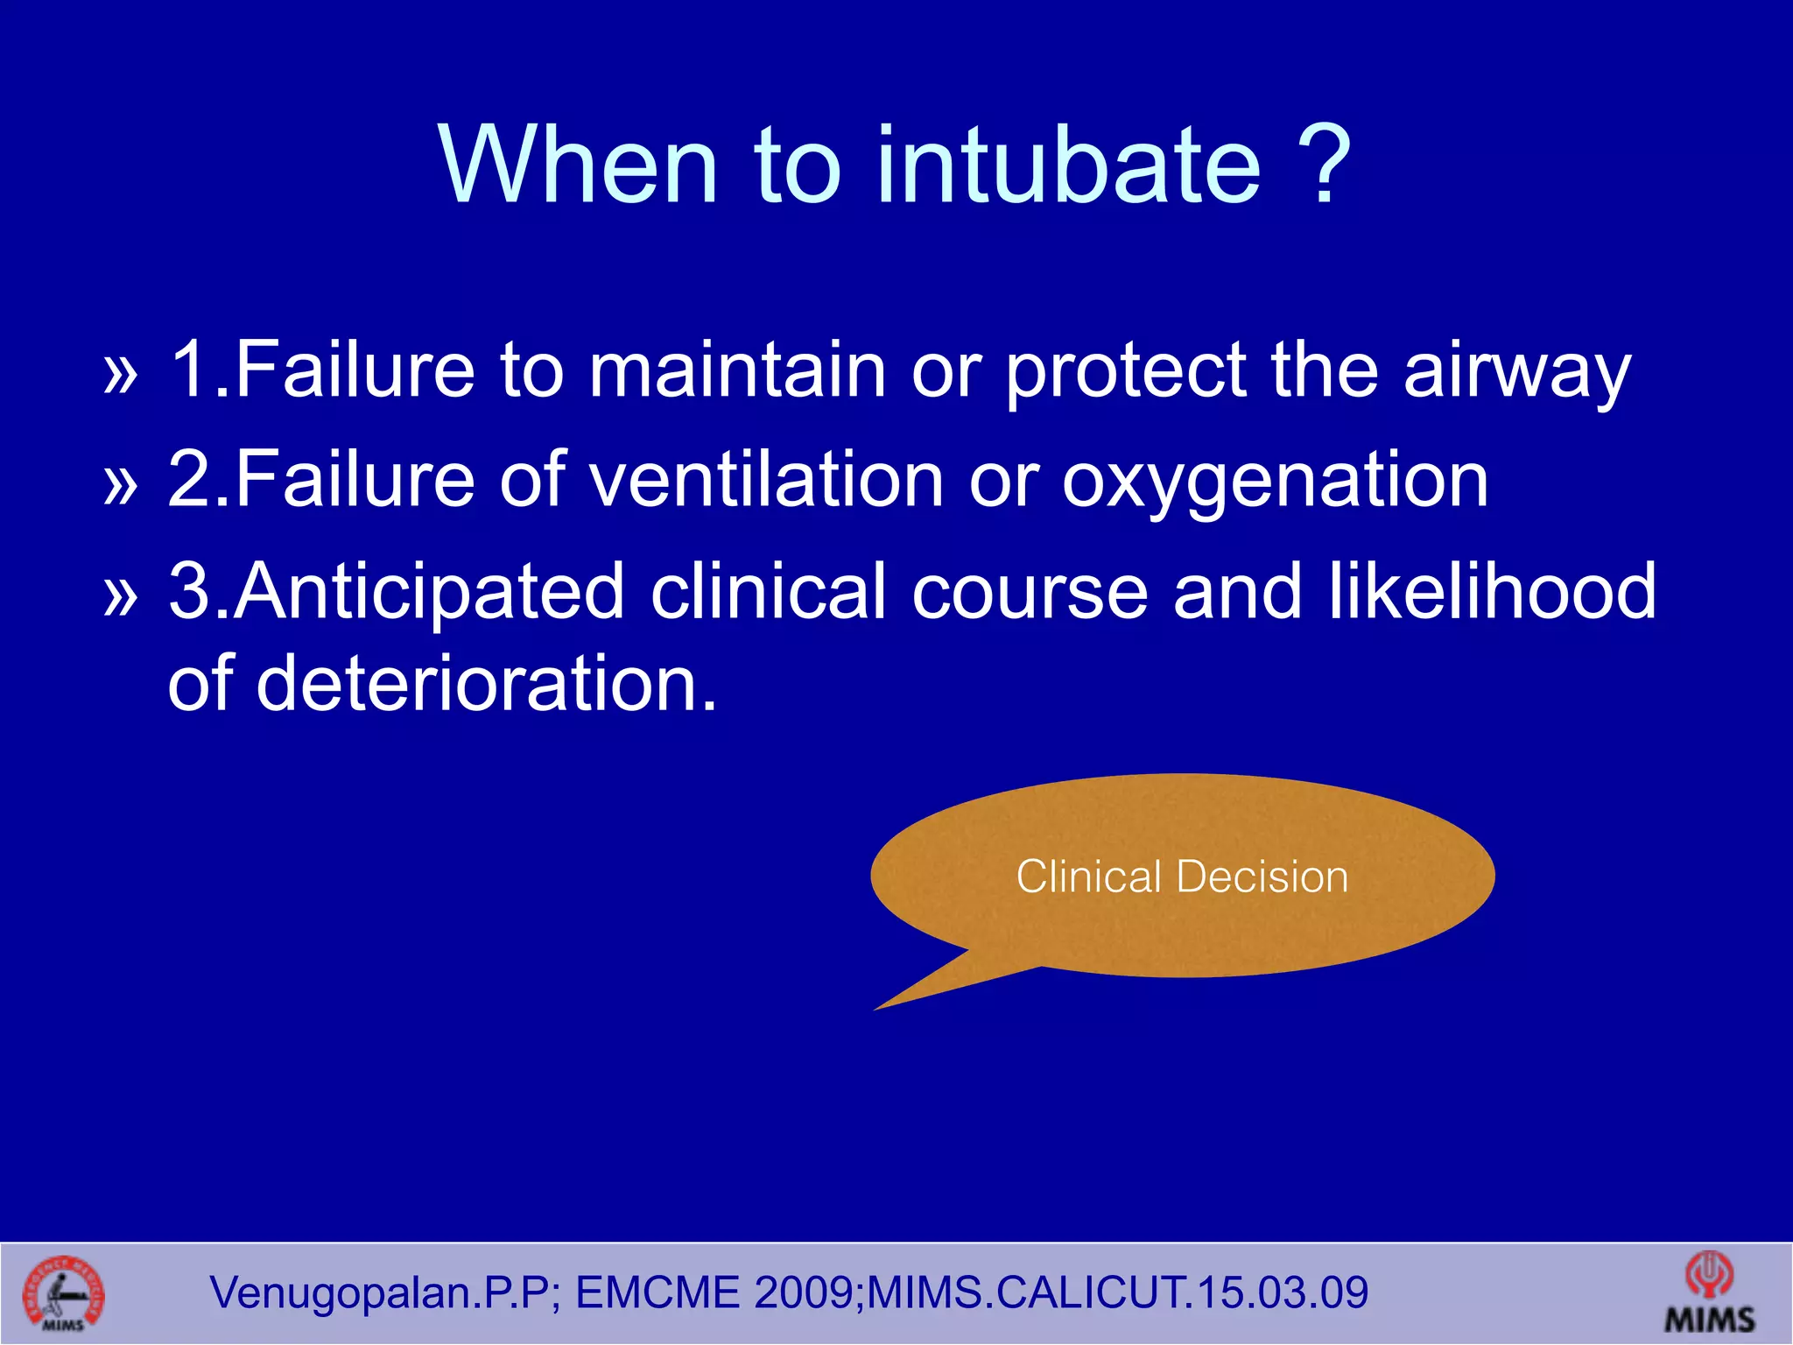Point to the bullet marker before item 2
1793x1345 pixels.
pos(121,484)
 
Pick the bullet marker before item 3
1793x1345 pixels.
pos(121,596)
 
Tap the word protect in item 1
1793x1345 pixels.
pos(1124,372)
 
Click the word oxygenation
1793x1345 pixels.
pos(1275,483)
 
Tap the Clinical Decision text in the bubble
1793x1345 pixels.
pos(1182,877)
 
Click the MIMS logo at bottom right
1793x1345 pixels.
pos(1709,1294)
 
